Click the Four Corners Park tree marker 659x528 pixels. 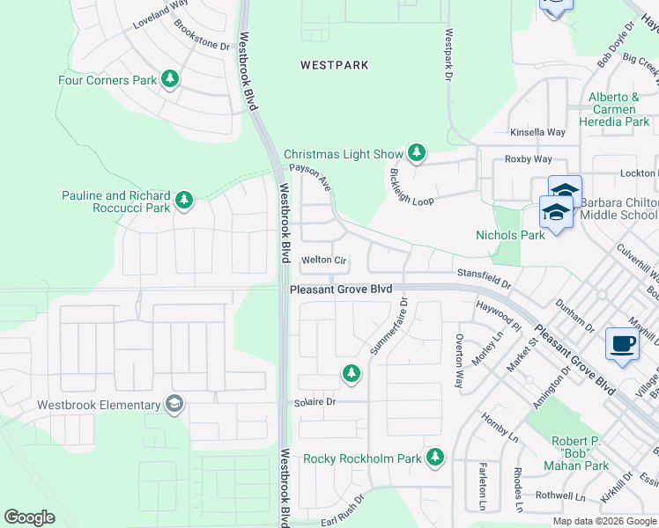(x=170, y=80)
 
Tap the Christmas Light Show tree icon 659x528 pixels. (x=416, y=154)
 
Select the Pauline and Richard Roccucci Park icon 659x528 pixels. (x=184, y=202)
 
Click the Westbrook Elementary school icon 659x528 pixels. (x=174, y=405)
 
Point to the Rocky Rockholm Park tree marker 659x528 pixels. (x=434, y=458)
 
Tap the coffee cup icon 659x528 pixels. (x=623, y=344)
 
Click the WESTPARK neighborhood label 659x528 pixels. (x=334, y=65)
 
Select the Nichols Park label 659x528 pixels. (x=510, y=235)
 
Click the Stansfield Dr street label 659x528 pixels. (x=483, y=276)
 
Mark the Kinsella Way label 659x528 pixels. (x=537, y=132)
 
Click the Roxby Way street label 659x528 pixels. (x=528, y=159)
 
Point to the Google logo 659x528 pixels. (x=30, y=517)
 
